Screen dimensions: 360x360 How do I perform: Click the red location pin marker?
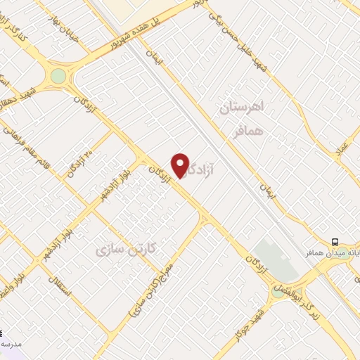tap(181, 165)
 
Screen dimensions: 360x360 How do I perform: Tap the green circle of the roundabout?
tap(58, 76)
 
